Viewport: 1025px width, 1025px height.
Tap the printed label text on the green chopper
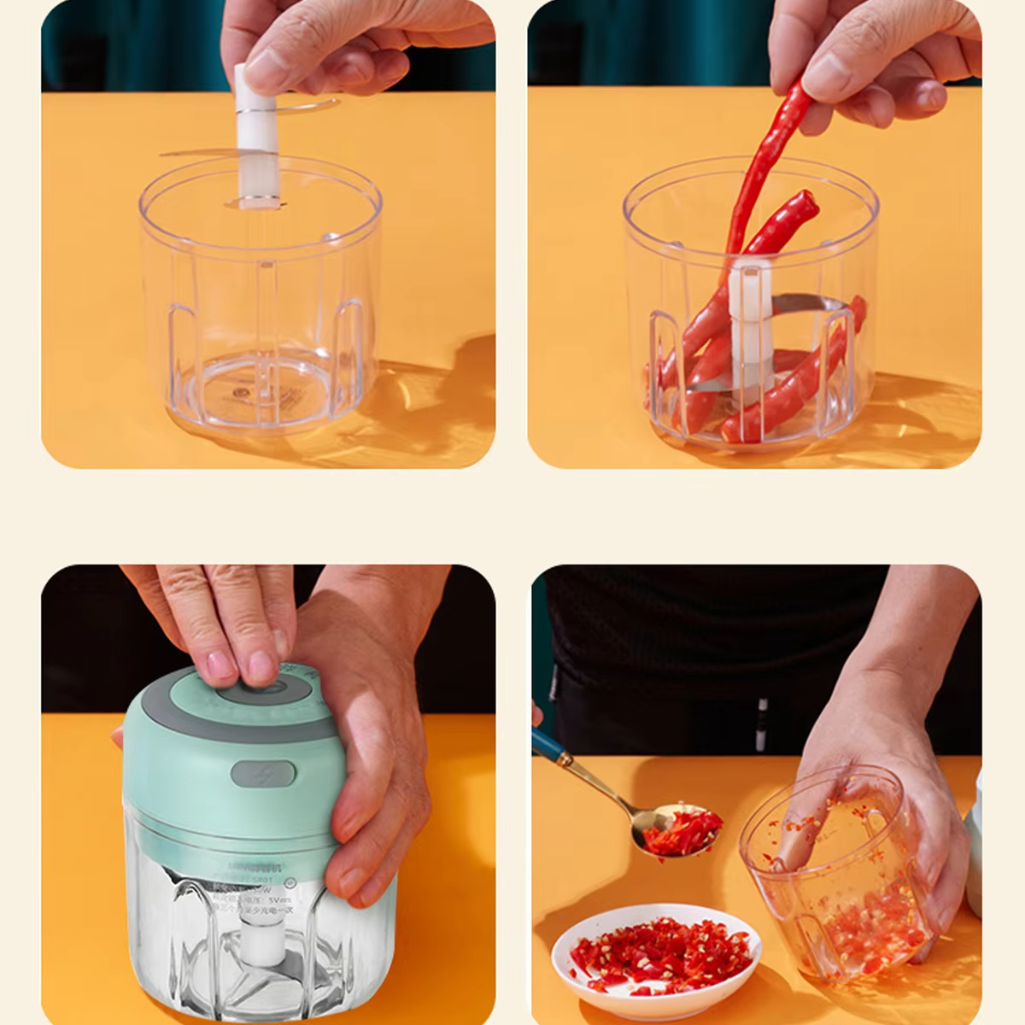point(256,888)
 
